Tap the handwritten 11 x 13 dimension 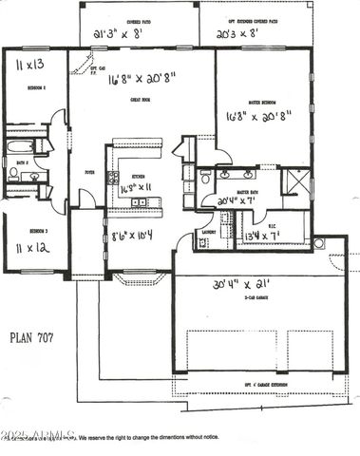(x=32, y=66)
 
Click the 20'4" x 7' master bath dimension (x=237, y=201)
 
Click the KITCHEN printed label (x=139, y=177)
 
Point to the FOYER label (x=89, y=172)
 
